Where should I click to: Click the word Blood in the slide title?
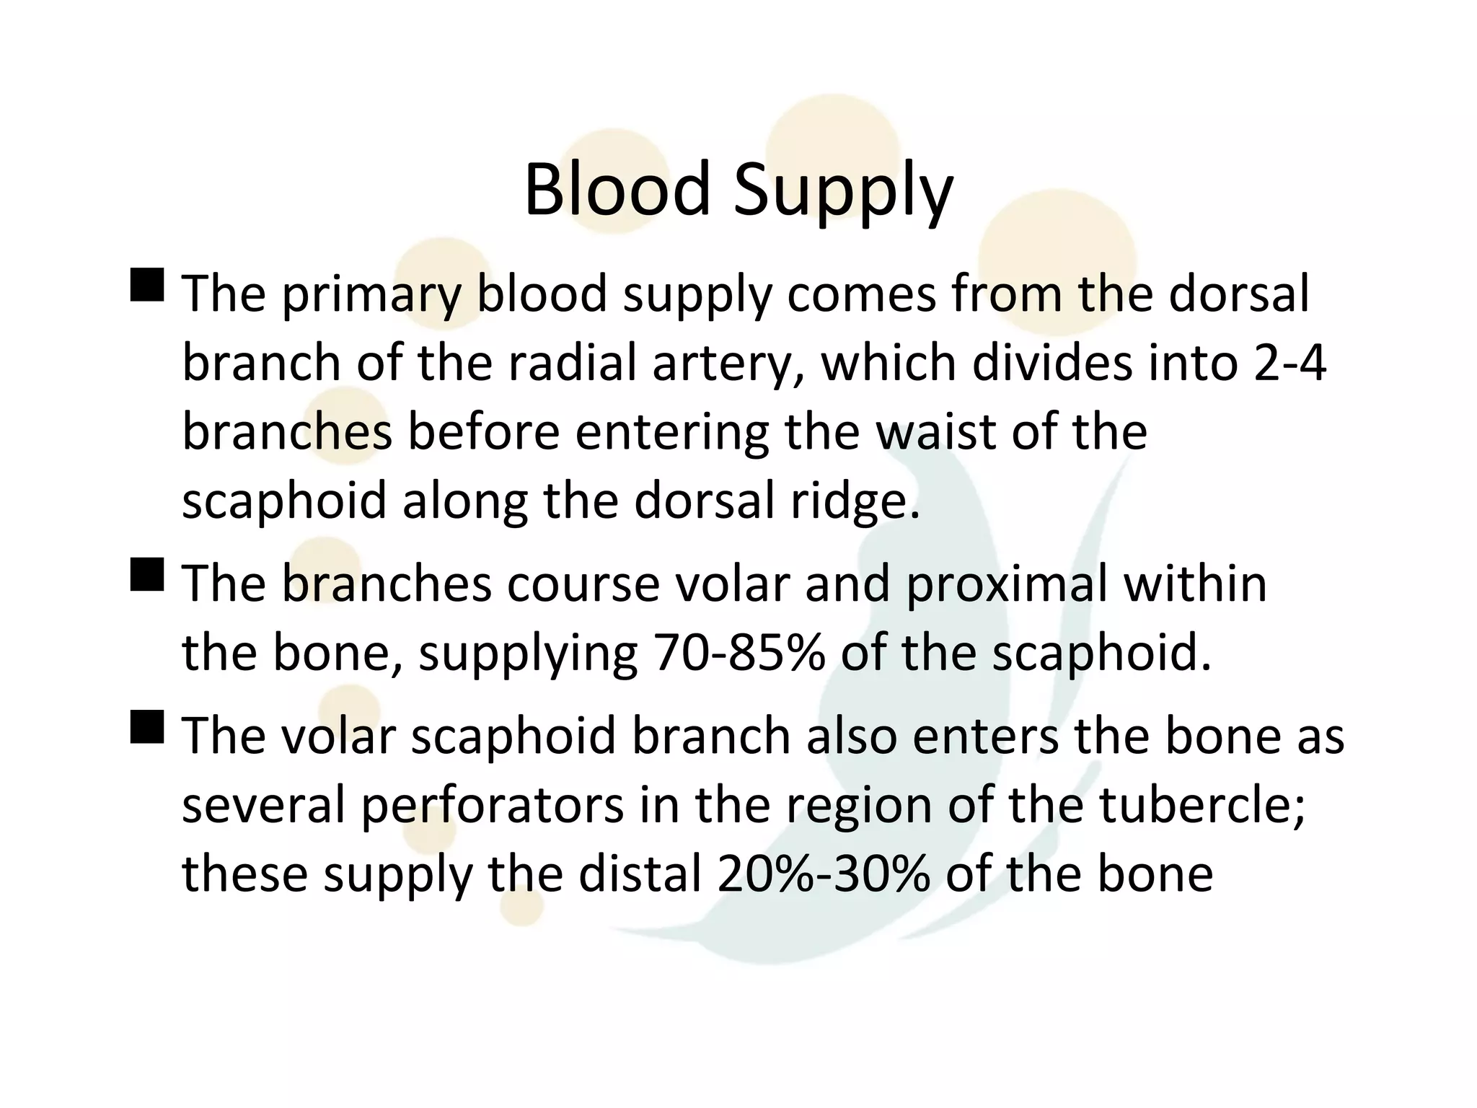tap(617, 189)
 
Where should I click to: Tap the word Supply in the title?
tap(845, 192)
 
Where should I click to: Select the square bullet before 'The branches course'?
tap(147, 575)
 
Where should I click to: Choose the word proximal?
tap(1007, 585)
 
